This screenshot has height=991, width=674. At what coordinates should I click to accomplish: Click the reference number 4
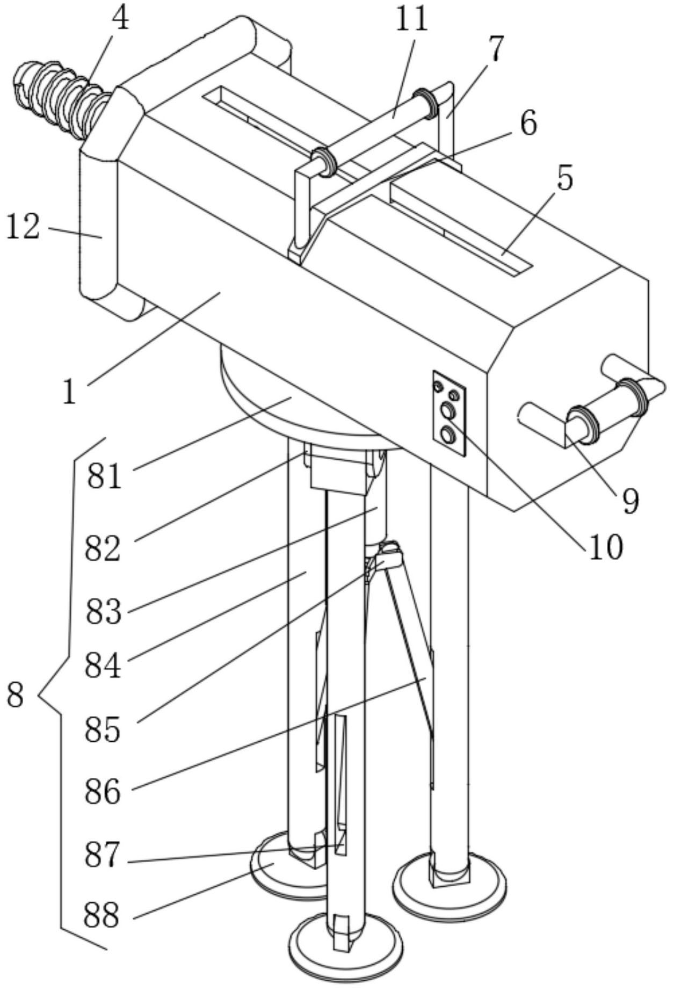(x=120, y=20)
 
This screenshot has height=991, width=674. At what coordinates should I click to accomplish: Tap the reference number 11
(x=412, y=20)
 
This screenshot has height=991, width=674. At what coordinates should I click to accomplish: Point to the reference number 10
(x=606, y=547)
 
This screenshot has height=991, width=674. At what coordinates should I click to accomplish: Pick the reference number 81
(x=105, y=476)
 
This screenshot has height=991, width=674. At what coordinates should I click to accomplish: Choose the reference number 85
(x=102, y=729)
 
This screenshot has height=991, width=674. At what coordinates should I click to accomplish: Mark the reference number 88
(x=102, y=915)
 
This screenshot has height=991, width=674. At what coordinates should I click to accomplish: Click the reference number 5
(x=565, y=179)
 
